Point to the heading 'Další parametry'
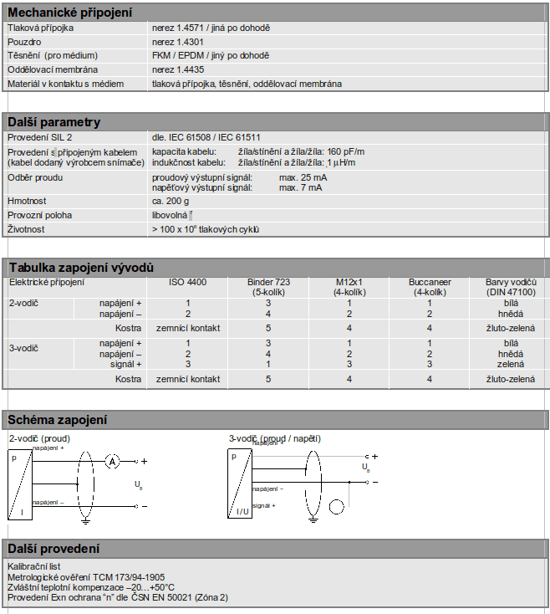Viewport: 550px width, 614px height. pos(54,122)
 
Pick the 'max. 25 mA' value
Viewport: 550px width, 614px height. pos(303,178)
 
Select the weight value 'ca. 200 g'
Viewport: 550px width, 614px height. pos(171,202)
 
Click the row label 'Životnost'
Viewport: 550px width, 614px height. pos(28,228)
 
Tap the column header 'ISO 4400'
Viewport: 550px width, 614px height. pos(188,283)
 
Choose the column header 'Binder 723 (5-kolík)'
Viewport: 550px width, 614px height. pos(268,287)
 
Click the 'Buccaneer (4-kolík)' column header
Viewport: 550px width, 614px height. pos(430,287)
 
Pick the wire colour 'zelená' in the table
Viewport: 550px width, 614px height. pos(511,364)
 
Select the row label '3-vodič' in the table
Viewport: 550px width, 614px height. pos(23,347)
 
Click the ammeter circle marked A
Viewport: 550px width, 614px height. pos(112,461)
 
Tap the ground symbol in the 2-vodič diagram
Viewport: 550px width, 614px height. pos(84,519)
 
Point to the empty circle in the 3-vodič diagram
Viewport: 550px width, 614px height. pos(336,505)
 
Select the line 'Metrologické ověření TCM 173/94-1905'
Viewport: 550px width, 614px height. pos(86,576)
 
